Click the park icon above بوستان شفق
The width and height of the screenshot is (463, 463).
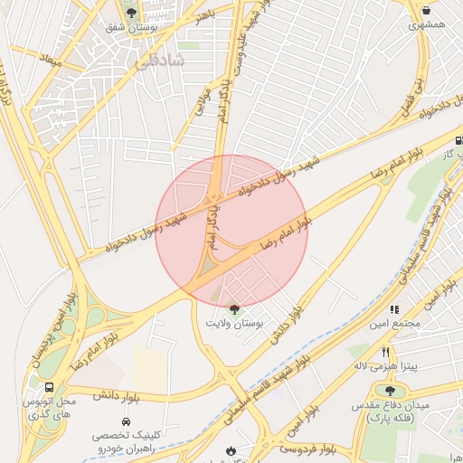point(132,13)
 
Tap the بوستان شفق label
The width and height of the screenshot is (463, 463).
point(132,29)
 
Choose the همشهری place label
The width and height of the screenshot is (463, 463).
point(427,25)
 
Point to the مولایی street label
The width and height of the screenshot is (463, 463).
point(197,106)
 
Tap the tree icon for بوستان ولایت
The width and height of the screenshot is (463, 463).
point(234,309)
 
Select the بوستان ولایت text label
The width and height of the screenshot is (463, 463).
point(234,324)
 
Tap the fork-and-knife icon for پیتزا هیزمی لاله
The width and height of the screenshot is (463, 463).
point(385,352)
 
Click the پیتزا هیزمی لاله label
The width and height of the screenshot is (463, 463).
point(384,366)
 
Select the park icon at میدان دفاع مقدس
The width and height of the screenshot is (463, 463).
point(390,391)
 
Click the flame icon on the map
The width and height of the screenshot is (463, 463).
point(231,449)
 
